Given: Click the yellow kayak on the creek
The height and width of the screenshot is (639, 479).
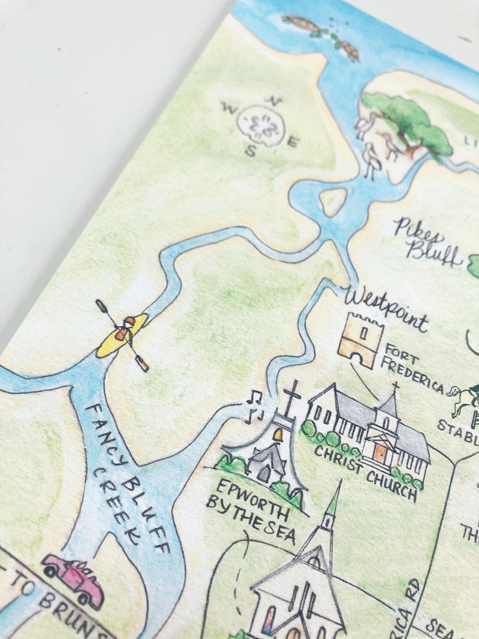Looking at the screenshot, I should pyautogui.click(x=122, y=334).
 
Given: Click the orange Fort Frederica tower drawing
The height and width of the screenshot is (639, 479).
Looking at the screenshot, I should pyautogui.click(x=361, y=340).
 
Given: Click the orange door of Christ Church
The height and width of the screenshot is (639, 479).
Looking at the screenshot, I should pyautogui.click(x=380, y=453).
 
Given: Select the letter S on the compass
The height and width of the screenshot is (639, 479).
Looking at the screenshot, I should pyautogui.click(x=250, y=152).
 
